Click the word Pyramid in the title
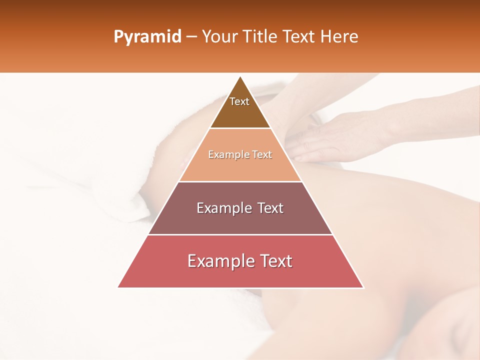(x=147, y=37)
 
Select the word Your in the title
(x=218, y=36)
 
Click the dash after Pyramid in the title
(x=191, y=37)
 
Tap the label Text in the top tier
(x=239, y=101)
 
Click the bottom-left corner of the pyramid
(x=118, y=287)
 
